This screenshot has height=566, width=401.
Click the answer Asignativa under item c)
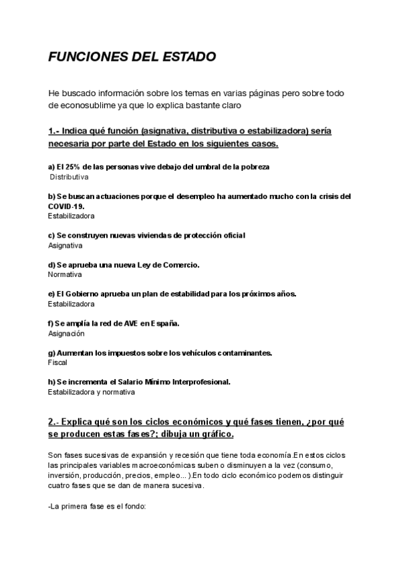pyautogui.click(x=65, y=245)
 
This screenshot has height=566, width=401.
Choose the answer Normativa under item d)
pyautogui.click(x=65, y=274)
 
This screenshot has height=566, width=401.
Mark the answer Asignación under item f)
pyautogui.click(x=67, y=333)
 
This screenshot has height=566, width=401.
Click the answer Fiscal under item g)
pyautogui.click(x=57, y=362)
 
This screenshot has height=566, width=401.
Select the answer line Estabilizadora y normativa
pyautogui.click(x=92, y=392)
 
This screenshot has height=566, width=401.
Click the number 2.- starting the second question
pyautogui.click(x=55, y=422)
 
